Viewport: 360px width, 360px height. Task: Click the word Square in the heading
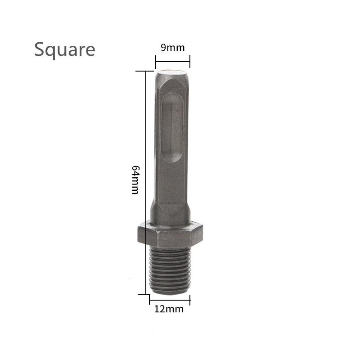click(65, 49)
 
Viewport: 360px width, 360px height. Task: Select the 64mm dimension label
click(135, 179)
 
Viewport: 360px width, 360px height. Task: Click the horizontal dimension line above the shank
click(173, 61)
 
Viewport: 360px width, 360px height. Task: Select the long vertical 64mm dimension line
click(146, 180)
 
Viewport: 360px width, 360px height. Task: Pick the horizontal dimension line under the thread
click(170, 299)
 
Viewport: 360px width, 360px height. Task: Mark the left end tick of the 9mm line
click(156, 61)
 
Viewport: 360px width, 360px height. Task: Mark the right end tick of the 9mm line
click(190, 61)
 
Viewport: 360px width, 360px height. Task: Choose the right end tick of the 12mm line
click(190, 299)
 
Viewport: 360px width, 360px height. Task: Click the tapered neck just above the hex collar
click(170, 211)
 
